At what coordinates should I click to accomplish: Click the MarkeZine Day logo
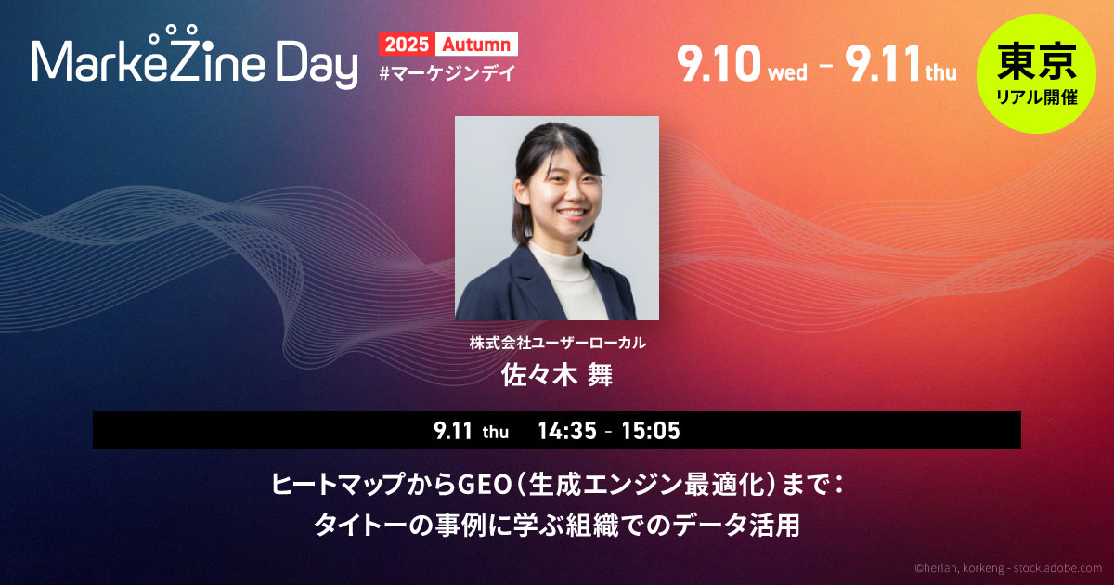pos(194,58)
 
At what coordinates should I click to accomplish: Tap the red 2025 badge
pos(407,45)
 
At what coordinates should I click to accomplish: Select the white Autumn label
pos(476,45)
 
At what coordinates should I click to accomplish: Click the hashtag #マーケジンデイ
pos(447,74)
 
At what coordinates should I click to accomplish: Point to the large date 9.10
pos(719,64)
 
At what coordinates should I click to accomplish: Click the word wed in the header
pos(788,73)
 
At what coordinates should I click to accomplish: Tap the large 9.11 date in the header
pos(882,64)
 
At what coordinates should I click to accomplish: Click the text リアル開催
pos(1037,97)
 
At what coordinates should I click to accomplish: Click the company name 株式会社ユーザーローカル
pos(558,343)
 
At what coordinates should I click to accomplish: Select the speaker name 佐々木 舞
pos(556,374)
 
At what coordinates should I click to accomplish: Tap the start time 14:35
pos(567,431)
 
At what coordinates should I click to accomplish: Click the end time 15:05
pos(651,431)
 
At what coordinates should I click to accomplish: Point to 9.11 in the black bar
pos(453,431)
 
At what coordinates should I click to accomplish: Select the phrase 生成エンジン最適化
pos(646,485)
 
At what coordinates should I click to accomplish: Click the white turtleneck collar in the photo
pos(558,257)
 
